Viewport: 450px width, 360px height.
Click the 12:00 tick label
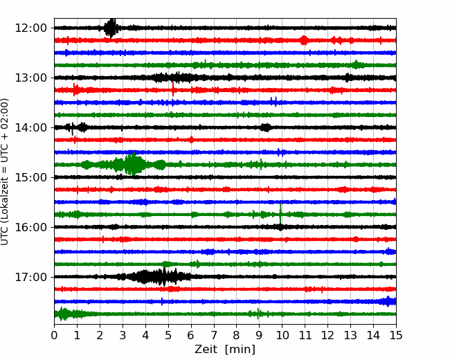30,28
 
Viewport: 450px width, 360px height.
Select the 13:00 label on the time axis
30,78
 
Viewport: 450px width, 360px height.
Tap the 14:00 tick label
30,128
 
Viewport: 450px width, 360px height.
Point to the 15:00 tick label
30,177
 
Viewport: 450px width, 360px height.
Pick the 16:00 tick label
30,227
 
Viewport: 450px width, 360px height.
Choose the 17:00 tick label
30,278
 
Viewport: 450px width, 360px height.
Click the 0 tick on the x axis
54,335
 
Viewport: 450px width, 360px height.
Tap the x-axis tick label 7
214,335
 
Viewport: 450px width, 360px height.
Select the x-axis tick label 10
282,335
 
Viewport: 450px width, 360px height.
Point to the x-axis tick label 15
396,335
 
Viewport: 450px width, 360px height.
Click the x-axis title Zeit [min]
225,350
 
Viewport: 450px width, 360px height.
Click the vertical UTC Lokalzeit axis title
5,172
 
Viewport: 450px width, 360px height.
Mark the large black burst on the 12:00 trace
111,28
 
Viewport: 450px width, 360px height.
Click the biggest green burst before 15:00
133,164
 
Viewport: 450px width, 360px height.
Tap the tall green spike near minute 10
280,213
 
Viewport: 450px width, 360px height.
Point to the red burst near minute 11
304,40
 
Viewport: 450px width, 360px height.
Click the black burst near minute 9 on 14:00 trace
265,127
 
